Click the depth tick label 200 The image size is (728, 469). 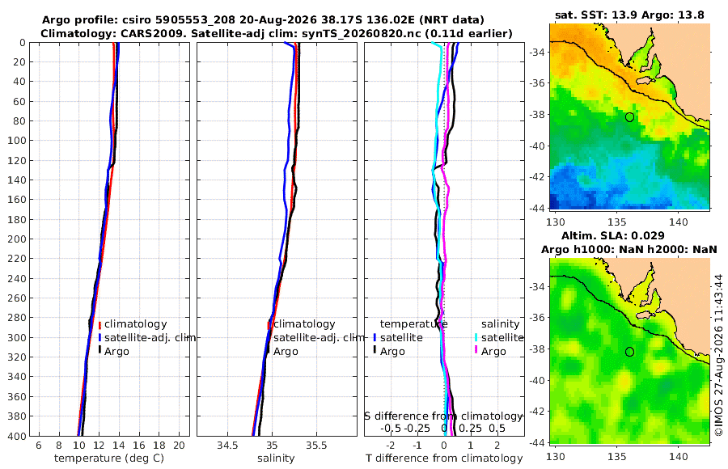point(17,239)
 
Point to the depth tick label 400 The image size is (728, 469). point(17,436)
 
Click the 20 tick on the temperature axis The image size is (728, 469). point(180,446)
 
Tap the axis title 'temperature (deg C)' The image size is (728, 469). point(109,458)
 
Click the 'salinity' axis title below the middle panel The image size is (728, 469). point(276,458)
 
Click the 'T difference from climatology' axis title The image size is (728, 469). point(444,458)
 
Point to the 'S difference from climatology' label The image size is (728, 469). point(444,416)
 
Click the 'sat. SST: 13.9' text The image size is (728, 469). point(596,15)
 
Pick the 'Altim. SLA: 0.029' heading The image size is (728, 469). point(613,236)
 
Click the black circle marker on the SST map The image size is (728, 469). point(629,117)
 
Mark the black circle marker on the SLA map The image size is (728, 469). point(629,352)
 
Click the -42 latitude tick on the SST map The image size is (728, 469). point(537,177)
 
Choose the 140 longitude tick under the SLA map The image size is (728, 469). point(679,456)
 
